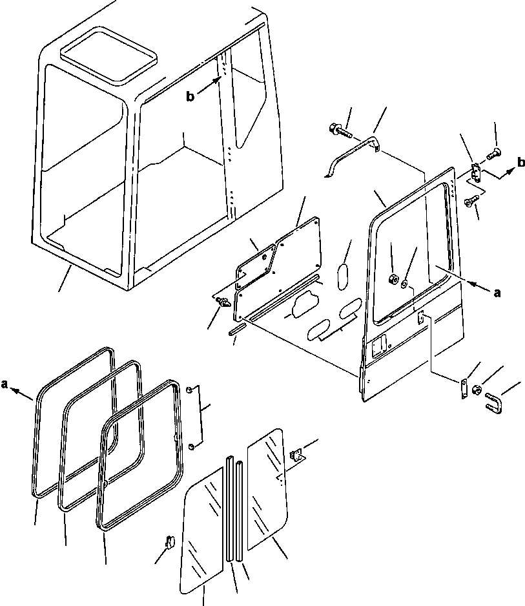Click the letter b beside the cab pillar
(x=190, y=97)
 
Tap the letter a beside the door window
(x=497, y=293)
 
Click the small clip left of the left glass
(x=170, y=541)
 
